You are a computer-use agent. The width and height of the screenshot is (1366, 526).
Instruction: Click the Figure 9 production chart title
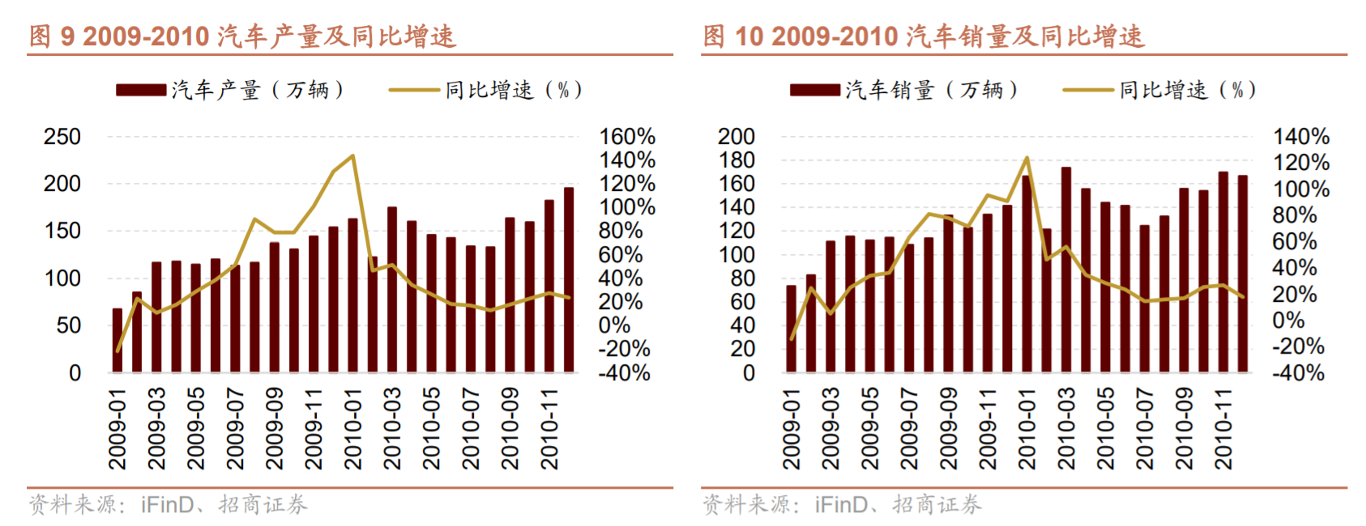coord(243,36)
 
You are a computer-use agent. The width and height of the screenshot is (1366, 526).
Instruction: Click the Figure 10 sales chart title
coord(924,36)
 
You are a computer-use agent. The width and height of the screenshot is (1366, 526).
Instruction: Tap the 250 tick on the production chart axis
coord(62,137)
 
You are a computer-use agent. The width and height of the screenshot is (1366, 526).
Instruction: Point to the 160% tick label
coord(626,137)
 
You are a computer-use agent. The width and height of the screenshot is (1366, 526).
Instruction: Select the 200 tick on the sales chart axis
coord(736,137)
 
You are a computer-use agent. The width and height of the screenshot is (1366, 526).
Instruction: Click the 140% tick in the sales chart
coord(1300,137)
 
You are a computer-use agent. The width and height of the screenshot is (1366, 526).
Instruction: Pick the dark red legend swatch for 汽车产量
coord(141,90)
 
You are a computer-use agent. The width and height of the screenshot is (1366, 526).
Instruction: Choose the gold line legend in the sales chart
coord(1088,90)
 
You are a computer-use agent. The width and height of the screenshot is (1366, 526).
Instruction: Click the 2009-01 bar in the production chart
coord(117,340)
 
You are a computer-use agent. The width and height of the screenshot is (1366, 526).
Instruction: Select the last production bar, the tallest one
coord(569,279)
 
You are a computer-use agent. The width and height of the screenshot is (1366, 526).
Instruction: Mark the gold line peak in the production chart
coord(352,156)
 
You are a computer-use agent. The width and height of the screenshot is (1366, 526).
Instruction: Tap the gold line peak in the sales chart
coord(1027,159)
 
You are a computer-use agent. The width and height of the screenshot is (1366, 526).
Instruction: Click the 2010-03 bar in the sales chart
coord(1066,269)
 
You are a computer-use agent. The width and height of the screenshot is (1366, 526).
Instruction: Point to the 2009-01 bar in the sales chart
coord(792,329)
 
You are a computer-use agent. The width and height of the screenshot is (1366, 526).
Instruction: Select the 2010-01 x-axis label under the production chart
coord(353,429)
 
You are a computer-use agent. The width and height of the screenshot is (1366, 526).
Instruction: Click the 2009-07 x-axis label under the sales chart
coord(909,429)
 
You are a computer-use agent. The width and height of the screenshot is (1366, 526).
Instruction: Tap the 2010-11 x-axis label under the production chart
coord(550,429)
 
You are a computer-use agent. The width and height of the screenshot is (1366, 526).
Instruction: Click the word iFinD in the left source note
coord(168,505)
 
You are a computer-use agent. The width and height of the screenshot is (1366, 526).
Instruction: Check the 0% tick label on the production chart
coord(614,325)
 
